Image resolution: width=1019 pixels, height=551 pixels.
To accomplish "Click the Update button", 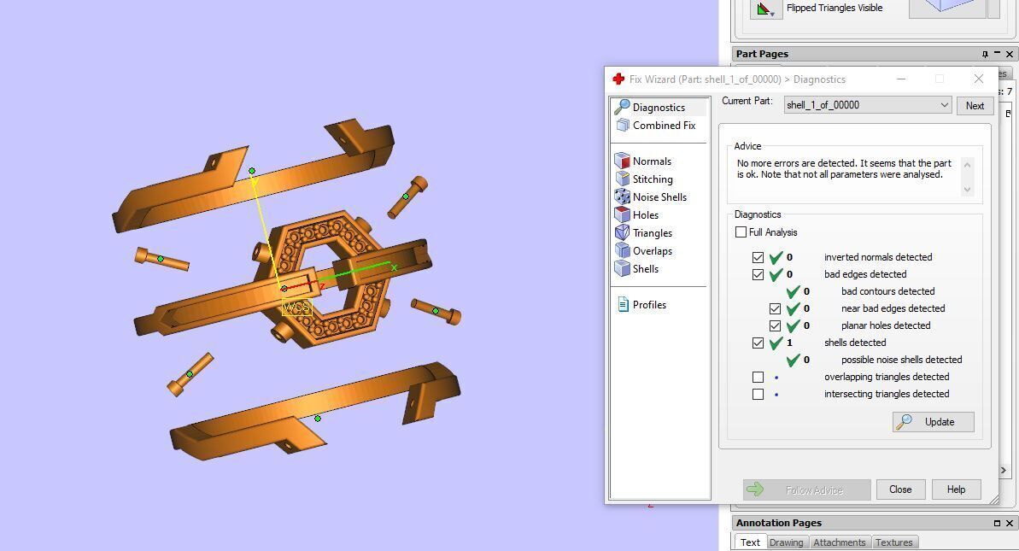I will point(933,422).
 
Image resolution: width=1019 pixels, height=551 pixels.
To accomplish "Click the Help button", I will point(956,489).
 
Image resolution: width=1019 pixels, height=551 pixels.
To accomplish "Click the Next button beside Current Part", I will point(975,105).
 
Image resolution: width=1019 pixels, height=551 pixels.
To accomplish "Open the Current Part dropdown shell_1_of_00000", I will point(868,105).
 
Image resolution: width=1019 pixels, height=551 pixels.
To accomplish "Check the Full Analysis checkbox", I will point(741,232).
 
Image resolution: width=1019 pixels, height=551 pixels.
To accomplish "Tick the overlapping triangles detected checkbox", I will point(758,377).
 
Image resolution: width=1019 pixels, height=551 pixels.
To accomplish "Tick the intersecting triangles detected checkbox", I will point(758,394).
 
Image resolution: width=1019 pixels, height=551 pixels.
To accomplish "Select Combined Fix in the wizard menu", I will point(664,126).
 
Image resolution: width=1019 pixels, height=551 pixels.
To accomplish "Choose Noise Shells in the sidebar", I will point(659,197).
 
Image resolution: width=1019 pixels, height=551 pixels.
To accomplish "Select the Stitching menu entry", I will point(652,179).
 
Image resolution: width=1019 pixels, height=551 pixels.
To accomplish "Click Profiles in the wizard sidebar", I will point(648,305).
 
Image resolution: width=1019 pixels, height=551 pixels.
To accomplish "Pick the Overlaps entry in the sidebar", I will point(652,251).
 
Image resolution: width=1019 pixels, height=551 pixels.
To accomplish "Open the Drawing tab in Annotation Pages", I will point(786,542).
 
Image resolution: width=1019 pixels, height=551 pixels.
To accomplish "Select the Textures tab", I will point(893,542).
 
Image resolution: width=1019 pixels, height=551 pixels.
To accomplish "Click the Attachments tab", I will point(839,542).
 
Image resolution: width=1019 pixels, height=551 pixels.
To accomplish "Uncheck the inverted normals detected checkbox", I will point(758,257).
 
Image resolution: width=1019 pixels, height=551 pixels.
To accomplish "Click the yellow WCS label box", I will point(296,308).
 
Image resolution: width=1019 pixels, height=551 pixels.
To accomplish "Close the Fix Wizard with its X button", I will point(979,79).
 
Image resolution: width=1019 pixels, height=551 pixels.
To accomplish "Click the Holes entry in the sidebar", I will point(645,215).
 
